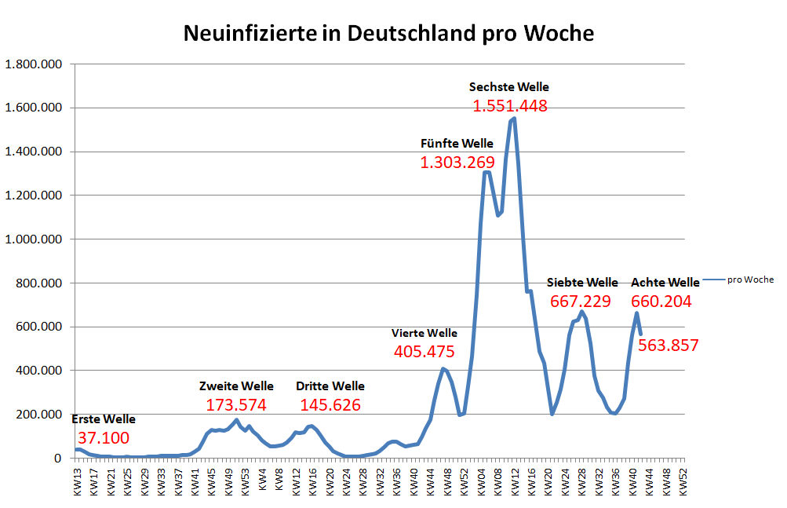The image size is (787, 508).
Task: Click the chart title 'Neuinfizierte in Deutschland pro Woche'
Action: coord(388,34)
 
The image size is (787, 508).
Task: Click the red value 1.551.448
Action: coord(509,106)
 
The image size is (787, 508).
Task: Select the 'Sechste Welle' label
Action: coord(509,87)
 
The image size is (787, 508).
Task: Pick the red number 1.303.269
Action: coord(457,163)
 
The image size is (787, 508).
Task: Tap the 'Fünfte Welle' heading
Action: coord(457,144)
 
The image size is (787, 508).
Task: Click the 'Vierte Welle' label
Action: coord(424,334)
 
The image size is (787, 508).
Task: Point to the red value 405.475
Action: coord(424,353)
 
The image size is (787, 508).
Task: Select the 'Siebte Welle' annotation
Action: coord(582,283)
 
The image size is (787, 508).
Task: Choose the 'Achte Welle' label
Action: coord(665,283)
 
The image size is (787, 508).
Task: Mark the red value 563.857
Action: coord(668,345)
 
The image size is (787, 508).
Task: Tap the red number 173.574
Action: coord(236,405)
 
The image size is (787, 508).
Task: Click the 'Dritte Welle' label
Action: coord(330,386)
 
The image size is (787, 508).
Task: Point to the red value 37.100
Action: coord(103,438)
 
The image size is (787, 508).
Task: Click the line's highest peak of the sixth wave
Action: coord(514,119)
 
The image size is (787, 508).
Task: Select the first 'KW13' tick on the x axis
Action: coord(76,478)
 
